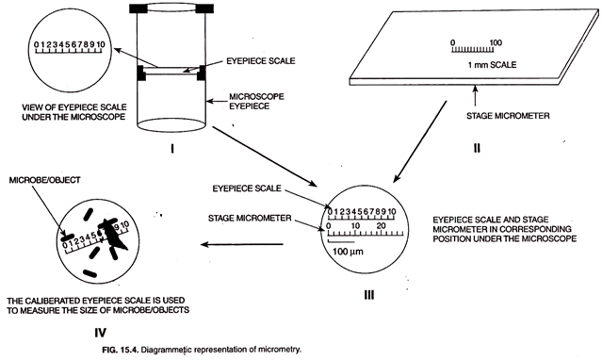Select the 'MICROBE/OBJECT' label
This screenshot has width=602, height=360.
tap(42, 179)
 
